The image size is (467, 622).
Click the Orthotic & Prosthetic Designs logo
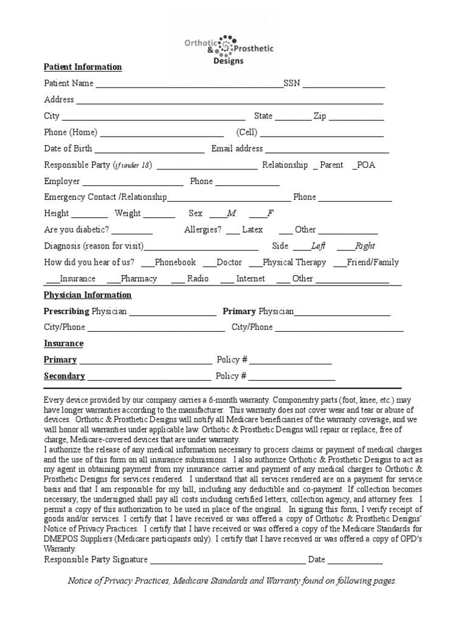(229, 49)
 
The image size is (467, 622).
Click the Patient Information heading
(83, 67)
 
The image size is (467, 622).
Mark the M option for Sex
(217, 214)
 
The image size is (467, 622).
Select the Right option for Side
(345, 247)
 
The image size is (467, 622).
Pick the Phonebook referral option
(148, 263)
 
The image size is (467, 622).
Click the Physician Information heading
(88, 295)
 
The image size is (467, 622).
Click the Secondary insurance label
(64, 376)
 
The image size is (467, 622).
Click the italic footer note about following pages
(232, 581)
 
